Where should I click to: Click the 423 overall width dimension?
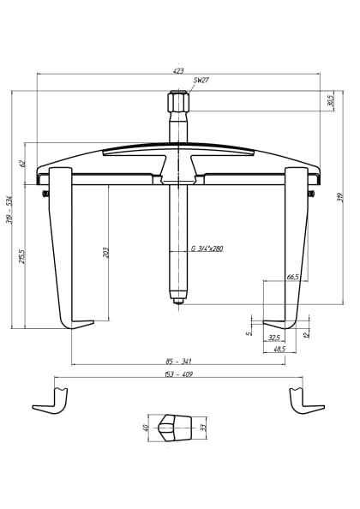[x=177, y=69]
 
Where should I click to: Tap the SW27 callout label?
[x=201, y=81]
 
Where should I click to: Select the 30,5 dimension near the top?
[x=329, y=101]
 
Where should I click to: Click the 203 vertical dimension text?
[x=106, y=254]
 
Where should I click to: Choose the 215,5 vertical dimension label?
[x=22, y=257]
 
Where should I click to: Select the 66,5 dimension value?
[x=292, y=278]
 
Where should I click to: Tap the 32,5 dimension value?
[x=274, y=337]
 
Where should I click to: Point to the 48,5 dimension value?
[x=279, y=350]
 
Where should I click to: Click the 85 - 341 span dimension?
[x=177, y=361]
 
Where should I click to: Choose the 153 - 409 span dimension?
[x=177, y=374]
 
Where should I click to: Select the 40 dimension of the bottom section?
[x=147, y=426]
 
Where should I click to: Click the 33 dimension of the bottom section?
[x=203, y=426]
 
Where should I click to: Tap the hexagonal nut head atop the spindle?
[x=178, y=104]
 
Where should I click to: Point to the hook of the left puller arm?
[x=77, y=324]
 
